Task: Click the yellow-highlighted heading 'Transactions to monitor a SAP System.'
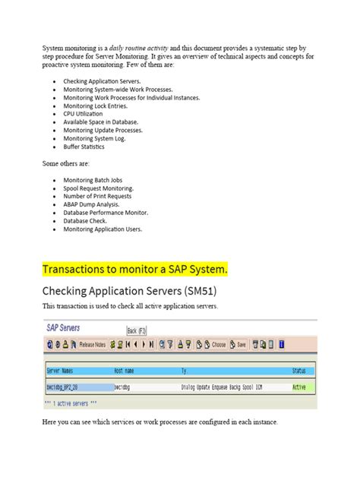tap(134, 270)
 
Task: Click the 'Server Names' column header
tap(64, 371)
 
